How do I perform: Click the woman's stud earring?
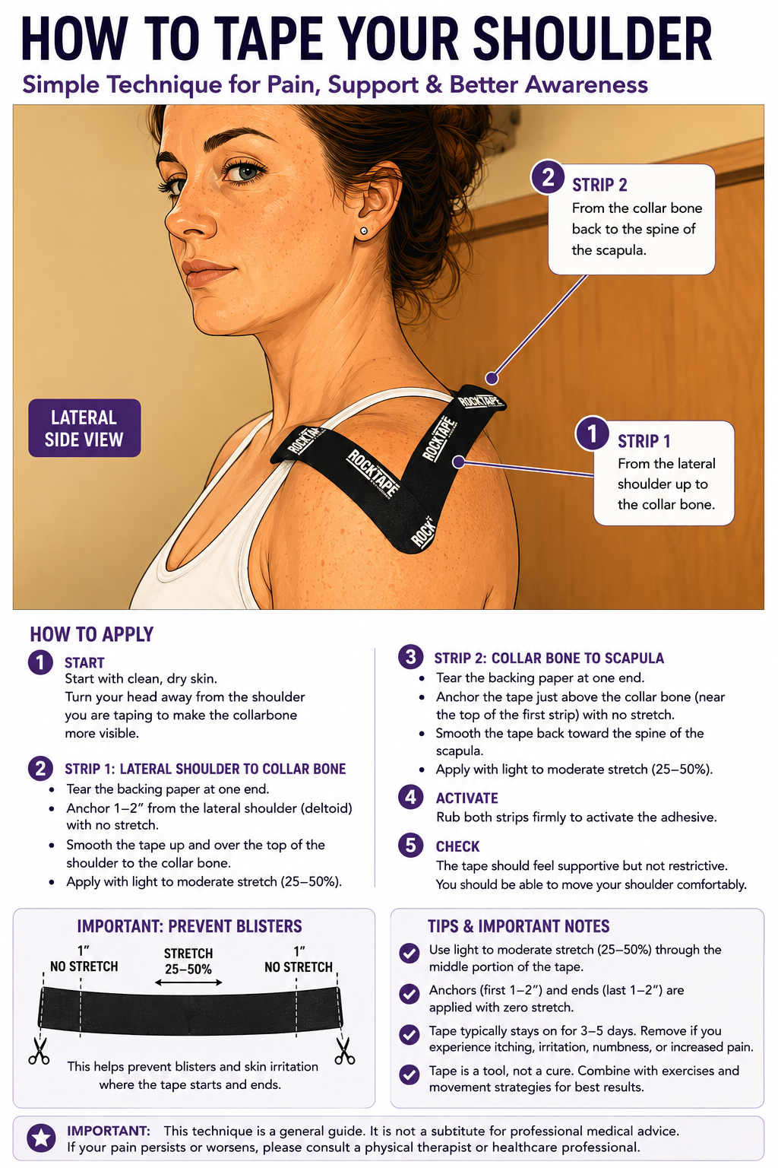pyautogui.click(x=364, y=230)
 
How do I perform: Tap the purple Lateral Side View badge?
pyautogui.click(x=84, y=428)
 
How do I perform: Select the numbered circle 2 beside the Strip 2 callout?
pyautogui.click(x=548, y=177)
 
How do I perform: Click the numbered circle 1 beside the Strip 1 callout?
pyautogui.click(x=593, y=433)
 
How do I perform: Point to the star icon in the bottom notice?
pyautogui.click(x=41, y=1138)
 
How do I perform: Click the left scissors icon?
pyautogui.click(x=39, y=1051)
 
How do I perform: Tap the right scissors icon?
pyautogui.click(x=344, y=1051)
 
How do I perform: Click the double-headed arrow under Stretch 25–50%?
pyautogui.click(x=188, y=982)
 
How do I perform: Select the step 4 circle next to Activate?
pyautogui.click(x=410, y=797)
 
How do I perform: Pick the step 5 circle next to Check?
pyautogui.click(x=410, y=846)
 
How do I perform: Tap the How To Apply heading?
pyautogui.click(x=92, y=634)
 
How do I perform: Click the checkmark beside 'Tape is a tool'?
pyautogui.click(x=409, y=1074)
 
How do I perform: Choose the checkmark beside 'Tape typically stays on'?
pyautogui.click(x=409, y=1034)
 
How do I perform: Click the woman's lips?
pyautogui.click(x=208, y=273)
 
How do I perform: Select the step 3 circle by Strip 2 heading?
pyautogui.click(x=410, y=657)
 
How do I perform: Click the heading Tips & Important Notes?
pyautogui.click(x=518, y=926)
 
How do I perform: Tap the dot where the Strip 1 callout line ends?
pyautogui.click(x=459, y=462)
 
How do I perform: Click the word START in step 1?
pyautogui.click(x=84, y=663)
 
